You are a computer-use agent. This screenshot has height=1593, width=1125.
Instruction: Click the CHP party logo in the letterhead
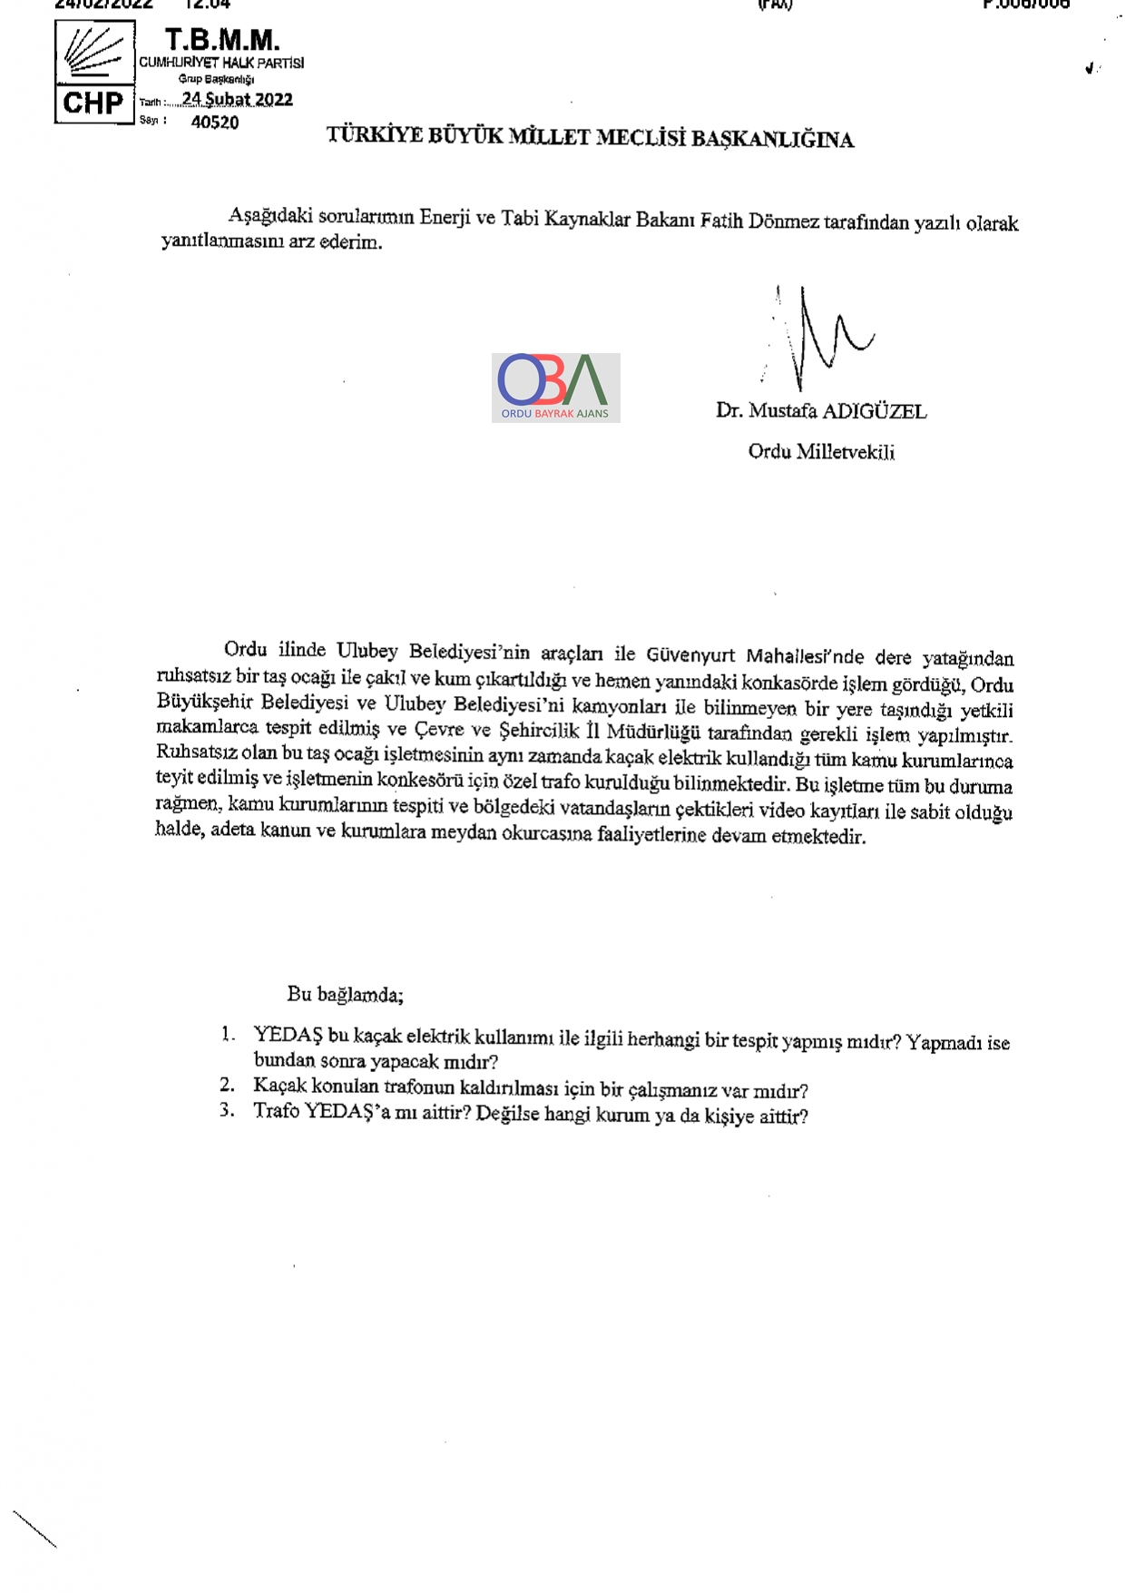click(94, 72)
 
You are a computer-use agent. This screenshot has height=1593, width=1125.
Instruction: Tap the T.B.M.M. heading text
click(221, 40)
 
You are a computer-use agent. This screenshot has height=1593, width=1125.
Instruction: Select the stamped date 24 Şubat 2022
click(237, 99)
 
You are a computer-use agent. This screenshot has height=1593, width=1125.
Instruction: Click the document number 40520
click(215, 123)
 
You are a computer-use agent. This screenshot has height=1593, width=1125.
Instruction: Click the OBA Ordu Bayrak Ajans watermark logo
click(555, 388)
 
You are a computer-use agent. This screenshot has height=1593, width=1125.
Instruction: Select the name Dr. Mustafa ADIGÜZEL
click(821, 411)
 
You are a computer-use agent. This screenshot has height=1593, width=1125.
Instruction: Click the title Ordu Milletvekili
click(821, 451)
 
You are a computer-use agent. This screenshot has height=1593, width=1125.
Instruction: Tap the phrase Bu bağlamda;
click(345, 994)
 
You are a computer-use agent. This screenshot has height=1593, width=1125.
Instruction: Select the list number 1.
click(228, 1034)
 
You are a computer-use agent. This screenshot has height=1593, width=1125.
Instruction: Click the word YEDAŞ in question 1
click(288, 1035)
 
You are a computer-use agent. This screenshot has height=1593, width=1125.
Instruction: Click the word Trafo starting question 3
click(276, 1111)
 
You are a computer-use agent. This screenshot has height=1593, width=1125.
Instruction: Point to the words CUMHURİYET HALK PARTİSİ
click(221, 63)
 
